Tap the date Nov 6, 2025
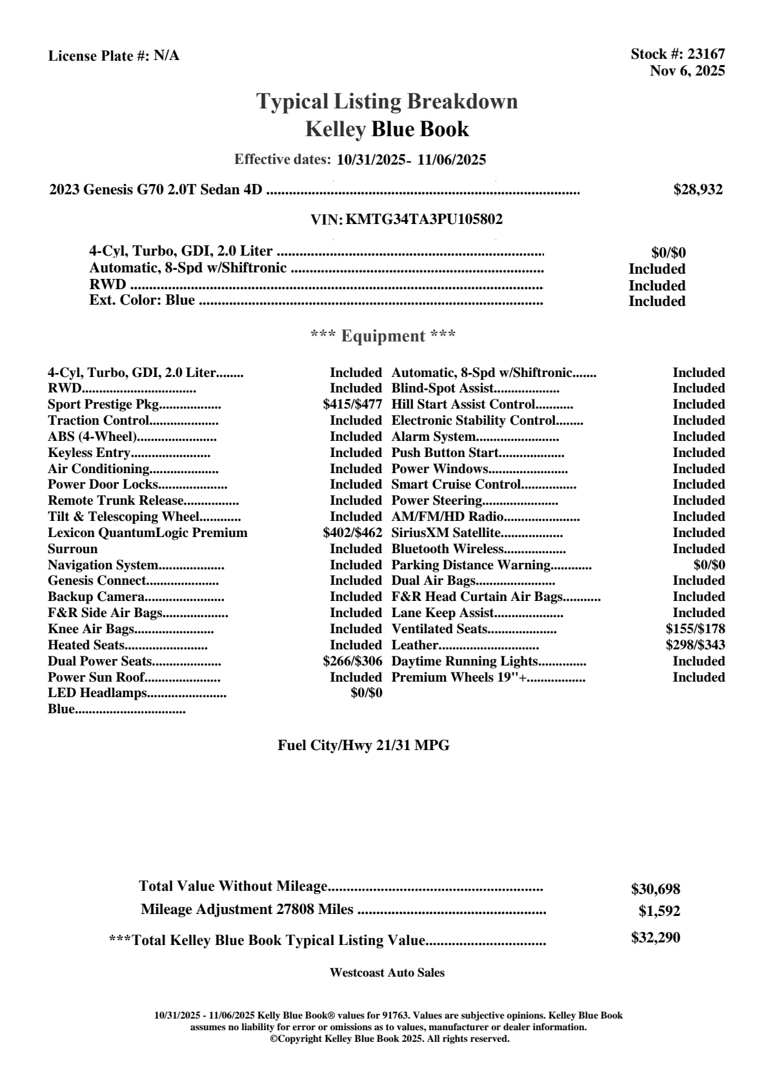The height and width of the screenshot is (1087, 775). point(687,71)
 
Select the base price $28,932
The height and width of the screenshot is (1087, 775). point(698,190)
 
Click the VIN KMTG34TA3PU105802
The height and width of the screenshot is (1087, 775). point(424,219)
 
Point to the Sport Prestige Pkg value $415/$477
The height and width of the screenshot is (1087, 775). point(352,405)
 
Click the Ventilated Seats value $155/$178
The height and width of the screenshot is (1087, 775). point(695,629)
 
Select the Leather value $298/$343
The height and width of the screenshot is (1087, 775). point(695,645)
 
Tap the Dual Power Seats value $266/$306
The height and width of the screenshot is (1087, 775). point(352,661)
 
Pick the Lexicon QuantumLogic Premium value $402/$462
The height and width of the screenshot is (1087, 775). point(352,533)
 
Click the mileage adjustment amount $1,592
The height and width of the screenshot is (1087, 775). point(659,911)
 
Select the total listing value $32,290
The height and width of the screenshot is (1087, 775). point(656,938)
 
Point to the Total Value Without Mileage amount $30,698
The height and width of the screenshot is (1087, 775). point(656,889)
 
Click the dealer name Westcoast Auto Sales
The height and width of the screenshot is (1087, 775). point(387,972)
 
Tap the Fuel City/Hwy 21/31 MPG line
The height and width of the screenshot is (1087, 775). point(363,746)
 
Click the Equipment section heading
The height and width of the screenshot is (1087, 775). point(383,336)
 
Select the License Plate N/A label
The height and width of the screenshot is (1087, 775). point(114,56)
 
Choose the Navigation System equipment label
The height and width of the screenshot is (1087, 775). point(103,565)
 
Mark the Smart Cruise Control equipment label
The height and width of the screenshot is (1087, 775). point(456,485)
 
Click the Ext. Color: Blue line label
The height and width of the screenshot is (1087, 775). point(142,300)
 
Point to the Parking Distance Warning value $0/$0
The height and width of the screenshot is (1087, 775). point(709,565)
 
